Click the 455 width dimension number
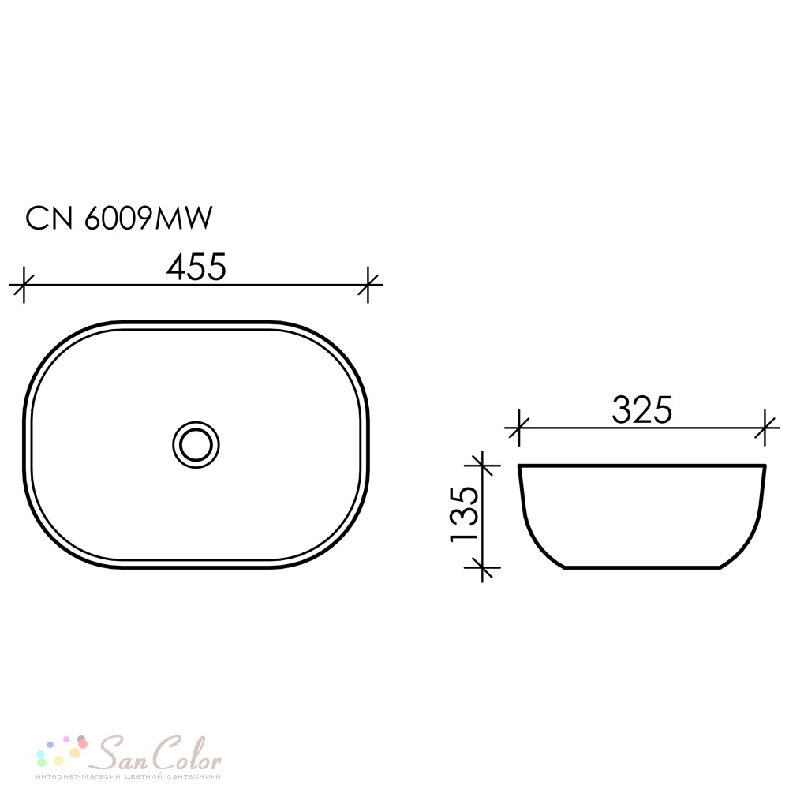(x=196, y=267)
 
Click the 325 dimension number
(x=642, y=410)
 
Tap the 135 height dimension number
(x=463, y=514)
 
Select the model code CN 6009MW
(x=119, y=219)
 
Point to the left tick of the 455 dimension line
(x=24, y=285)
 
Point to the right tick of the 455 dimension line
(x=368, y=285)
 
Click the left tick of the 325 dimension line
(x=519, y=428)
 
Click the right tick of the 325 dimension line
(x=765, y=428)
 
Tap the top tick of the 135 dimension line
(x=483, y=466)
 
